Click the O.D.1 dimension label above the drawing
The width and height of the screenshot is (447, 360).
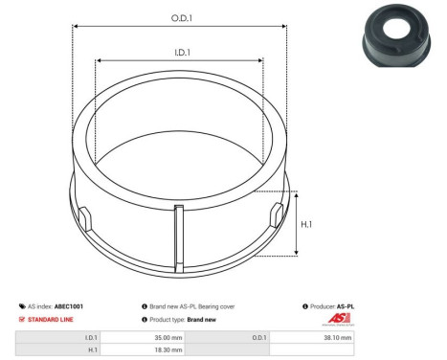(179, 17)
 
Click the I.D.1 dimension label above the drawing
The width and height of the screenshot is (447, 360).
(179, 54)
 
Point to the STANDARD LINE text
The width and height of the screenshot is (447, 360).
(49, 319)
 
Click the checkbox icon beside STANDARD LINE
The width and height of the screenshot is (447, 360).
(23, 319)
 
